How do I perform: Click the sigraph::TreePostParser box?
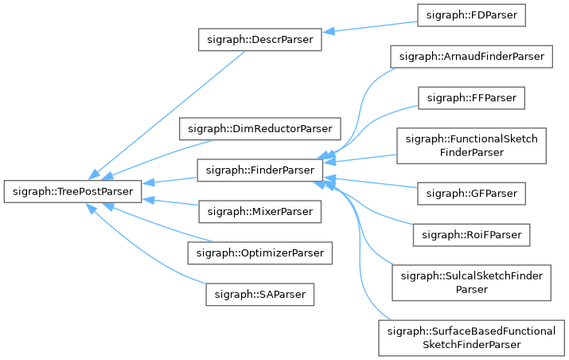pyautogui.click(x=72, y=192)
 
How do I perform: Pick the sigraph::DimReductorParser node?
pyautogui.click(x=260, y=128)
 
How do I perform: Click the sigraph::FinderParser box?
pyautogui.click(x=260, y=170)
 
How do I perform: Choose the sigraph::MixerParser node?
pyautogui.click(x=260, y=212)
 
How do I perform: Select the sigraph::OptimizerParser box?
pyautogui.click(x=260, y=253)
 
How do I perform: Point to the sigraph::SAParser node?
pyautogui.click(x=260, y=295)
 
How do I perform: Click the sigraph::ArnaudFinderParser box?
pyautogui.click(x=471, y=57)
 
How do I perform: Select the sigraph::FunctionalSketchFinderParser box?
pyautogui.click(x=471, y=145)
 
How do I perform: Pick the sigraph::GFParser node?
pyautogui.click(x=471, y=193)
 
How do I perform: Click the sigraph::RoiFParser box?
pyautogui.click(x=471, y=235)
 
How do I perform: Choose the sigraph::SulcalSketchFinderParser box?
pyautogui.click(x=471, y=282)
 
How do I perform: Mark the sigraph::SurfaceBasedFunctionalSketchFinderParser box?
pyautogui.click(x=471, y=337)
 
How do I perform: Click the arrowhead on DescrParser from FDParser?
pyautogui.click(x=329, y=31)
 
